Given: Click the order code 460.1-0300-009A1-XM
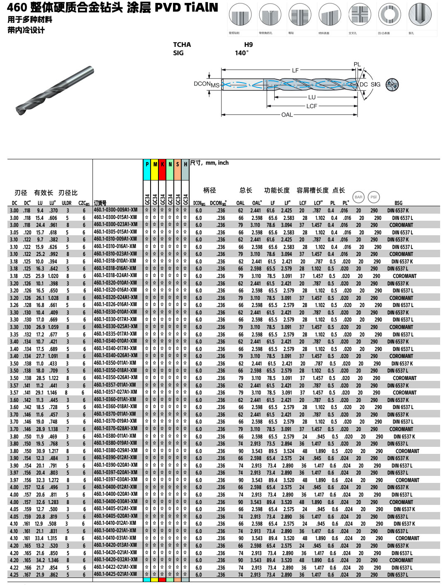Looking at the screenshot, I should click(115, 210).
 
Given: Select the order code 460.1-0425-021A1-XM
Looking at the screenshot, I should click(115, 574).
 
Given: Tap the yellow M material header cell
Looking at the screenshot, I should click(155, 164).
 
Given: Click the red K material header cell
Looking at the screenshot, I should click(163, 164).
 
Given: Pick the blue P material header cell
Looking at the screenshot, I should click(147, 164).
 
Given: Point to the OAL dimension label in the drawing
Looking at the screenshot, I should click(287, 115).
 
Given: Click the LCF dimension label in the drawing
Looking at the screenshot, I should click(312, 106).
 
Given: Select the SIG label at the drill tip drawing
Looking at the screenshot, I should click(375, 84).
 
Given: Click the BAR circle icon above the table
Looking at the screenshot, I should click(358, 197).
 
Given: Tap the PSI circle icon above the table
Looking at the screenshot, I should click(373, 197).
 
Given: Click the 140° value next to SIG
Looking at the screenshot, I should click(242, 53).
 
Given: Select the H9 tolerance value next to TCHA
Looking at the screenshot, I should click(248, 45).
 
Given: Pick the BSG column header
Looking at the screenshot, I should click(398, 203).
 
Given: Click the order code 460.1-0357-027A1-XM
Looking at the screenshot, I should click(115, 392).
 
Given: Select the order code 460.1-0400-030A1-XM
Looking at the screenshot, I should click(115, 501).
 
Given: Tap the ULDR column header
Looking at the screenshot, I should click(66, 203).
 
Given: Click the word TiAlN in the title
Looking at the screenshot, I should click(196, 7).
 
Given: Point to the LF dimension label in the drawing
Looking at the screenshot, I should click(295, 71).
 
